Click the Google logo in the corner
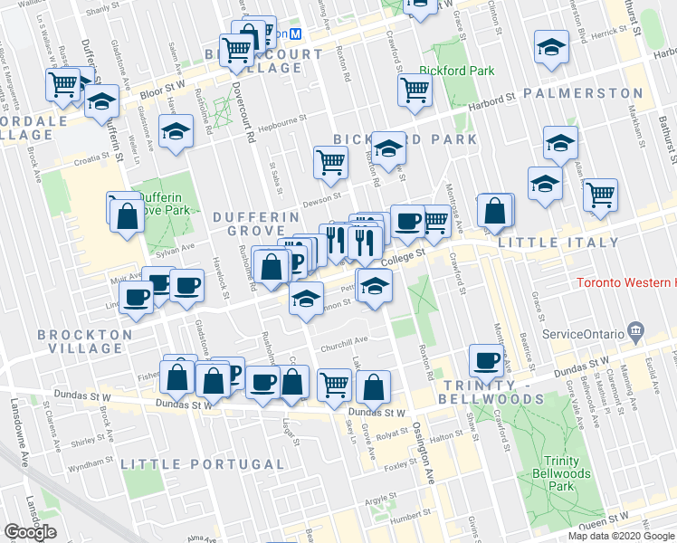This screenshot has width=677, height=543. [30, 532]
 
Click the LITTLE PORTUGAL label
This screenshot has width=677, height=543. [203, 464]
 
